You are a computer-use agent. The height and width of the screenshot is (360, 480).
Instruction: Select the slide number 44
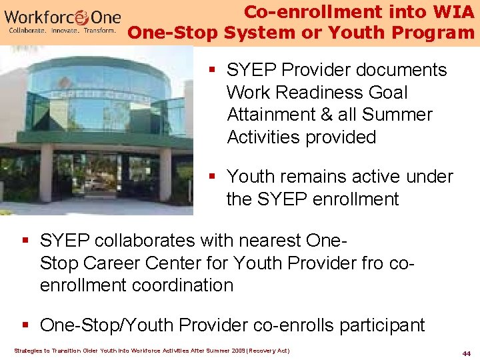466,352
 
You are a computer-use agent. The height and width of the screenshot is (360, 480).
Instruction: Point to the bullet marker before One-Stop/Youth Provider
25,325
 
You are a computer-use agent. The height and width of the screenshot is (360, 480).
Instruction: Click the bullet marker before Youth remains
211,177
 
